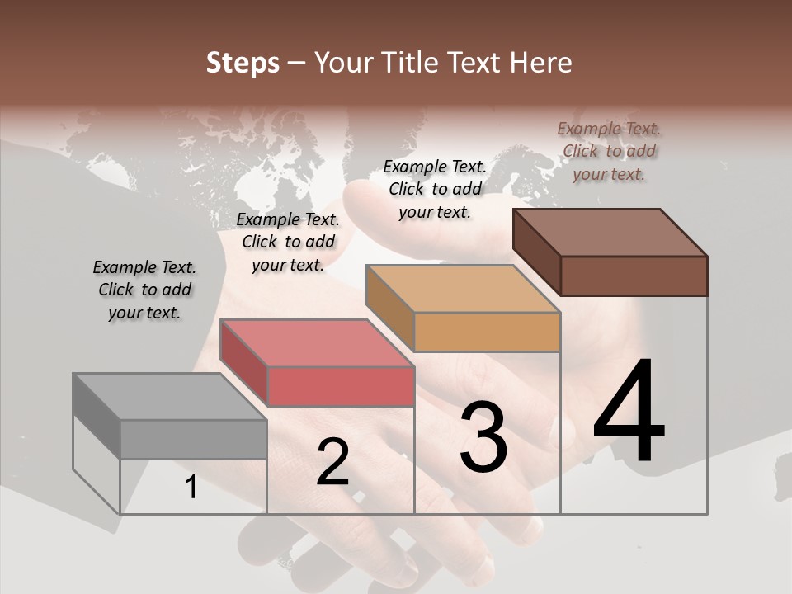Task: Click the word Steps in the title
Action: (243, 64)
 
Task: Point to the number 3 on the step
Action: (483, 437)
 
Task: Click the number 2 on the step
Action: (332, 462)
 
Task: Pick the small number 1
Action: (191, 488)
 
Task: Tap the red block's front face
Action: (341, 387)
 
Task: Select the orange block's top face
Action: (463, 290)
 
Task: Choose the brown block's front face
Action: (634, 276)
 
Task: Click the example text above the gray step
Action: (144, 290)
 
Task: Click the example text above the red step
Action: (288, 242)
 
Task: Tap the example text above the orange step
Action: (435, 189)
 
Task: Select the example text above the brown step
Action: (609, 151)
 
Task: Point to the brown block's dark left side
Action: (536, 251)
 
